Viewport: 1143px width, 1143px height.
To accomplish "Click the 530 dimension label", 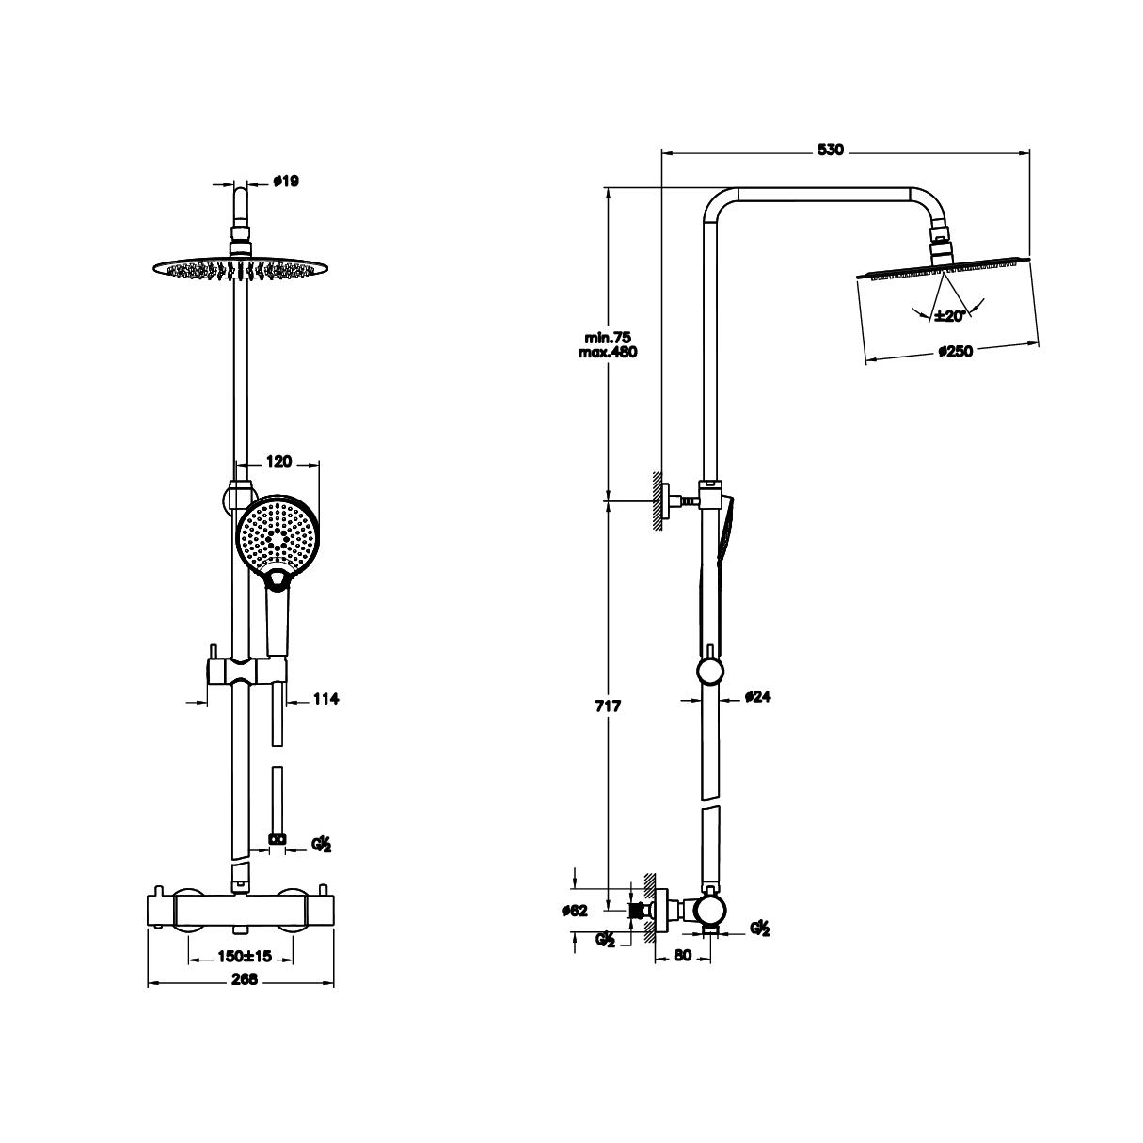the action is point(830,151).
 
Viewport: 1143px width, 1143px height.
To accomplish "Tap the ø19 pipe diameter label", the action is point(287,181).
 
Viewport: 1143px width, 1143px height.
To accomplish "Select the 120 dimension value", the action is point(278,461).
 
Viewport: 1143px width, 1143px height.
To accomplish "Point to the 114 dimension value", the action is point(325,699).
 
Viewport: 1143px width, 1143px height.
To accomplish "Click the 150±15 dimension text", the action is point(245,956).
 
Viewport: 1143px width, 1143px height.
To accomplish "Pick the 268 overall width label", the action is point(245,996).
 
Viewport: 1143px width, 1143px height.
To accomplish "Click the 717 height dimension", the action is point(608,706).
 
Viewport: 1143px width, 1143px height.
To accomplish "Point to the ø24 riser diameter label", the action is point(757,696).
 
